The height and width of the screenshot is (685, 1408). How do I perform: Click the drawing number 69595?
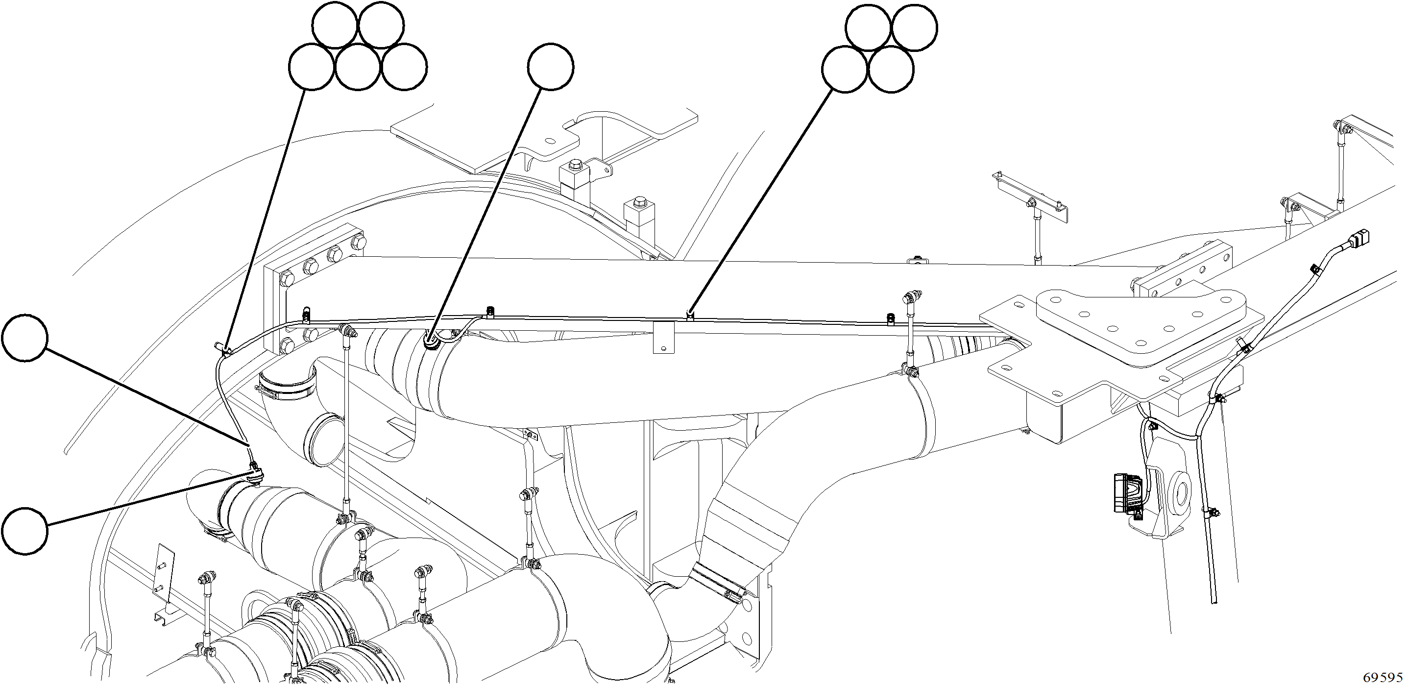[x=1383, y=677]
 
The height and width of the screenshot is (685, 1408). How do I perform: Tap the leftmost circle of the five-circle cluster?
[x=312, y=67]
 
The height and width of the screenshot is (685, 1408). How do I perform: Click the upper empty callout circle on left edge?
[x=24, y=337]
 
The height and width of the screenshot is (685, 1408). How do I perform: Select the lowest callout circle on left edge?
[x=24, y=530]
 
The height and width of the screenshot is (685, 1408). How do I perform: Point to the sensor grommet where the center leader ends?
[x=431, y=343]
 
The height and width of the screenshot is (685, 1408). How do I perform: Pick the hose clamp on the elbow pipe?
[x=287, y=390]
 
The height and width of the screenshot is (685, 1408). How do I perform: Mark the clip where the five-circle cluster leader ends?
[x=225, y=349]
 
